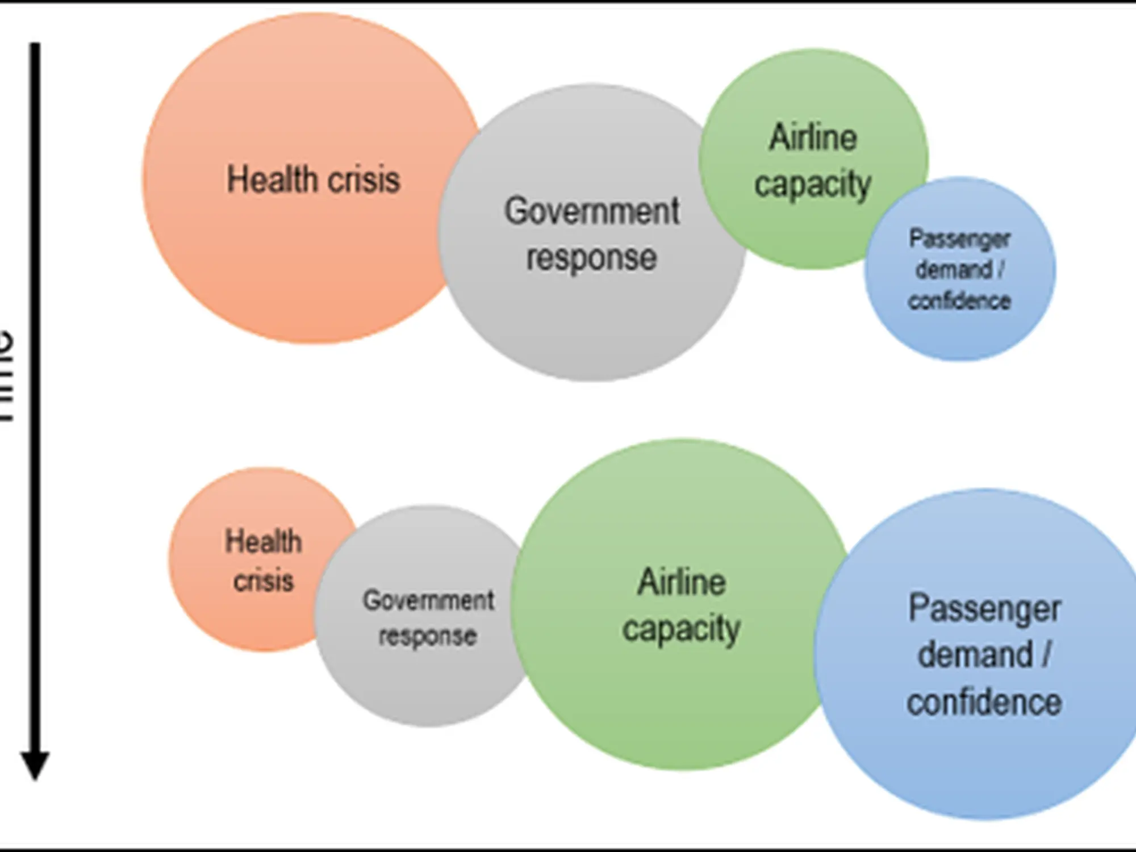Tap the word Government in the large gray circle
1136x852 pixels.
click(592, 211)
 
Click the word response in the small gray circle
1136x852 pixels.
click(428, 636)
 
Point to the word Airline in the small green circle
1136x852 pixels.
click(813, 137)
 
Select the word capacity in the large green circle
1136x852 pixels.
click(682, 629)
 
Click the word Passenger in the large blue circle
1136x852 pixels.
click(985, 609)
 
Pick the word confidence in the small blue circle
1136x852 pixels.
click(959, 300)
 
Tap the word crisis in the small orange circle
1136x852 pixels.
click(264, 580)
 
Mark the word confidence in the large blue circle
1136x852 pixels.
click(984, 702)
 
